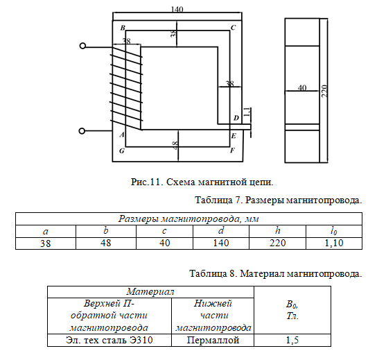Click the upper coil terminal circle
point(82,46)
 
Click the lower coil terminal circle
point(82,131)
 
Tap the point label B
point(123,28)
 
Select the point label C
point(233,28)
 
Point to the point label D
point(236,118)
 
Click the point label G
point(122,151)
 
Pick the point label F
point(232,151)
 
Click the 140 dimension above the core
point(177,10)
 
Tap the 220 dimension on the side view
point(324,91)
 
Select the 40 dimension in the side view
point(302,87)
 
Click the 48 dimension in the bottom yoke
point(175,145)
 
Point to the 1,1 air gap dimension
point(247,112)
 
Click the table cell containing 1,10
point(334,243)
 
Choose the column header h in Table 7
point(277,231)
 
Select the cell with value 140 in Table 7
point(221,243)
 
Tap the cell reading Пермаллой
point(213,340)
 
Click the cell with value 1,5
point(292,340)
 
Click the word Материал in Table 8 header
point(150,291)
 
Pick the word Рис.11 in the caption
point(146,182)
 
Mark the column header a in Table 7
point(46,231)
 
